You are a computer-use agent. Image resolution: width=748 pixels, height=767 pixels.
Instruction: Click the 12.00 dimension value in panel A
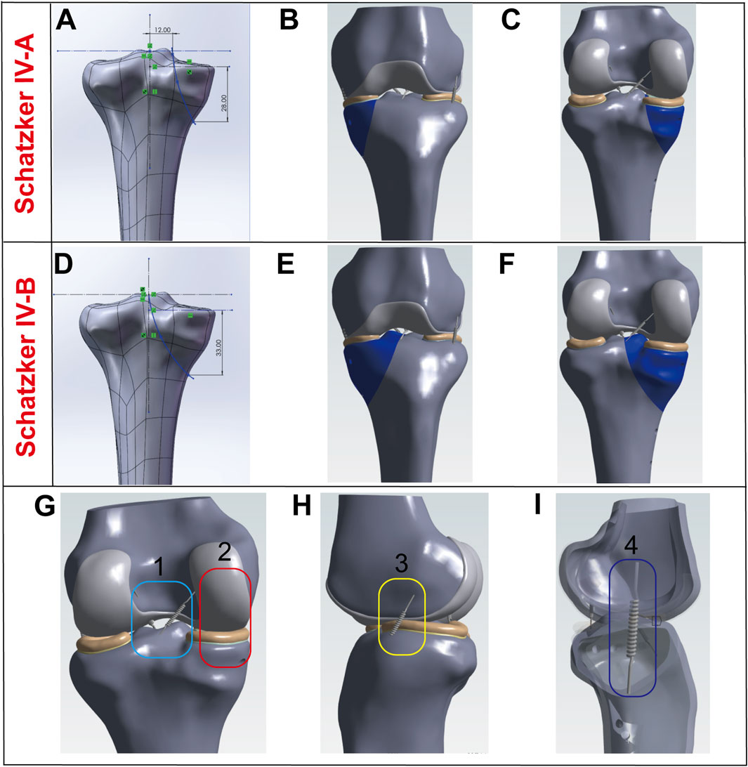[x=162, y=30]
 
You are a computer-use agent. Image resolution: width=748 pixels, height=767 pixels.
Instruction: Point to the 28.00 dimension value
[x=223, y=102]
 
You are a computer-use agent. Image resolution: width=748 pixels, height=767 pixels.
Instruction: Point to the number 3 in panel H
[x=400, y=564]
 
